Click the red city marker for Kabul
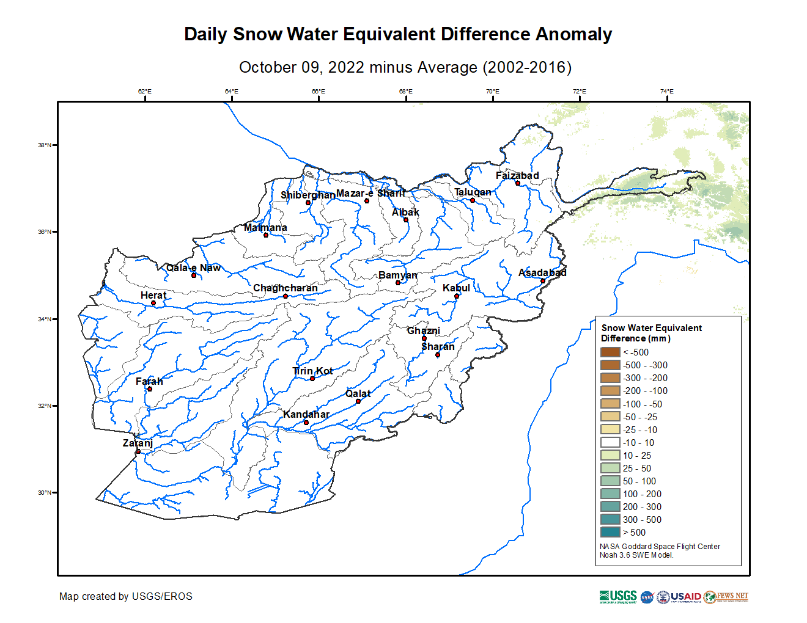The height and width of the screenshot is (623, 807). coord(457,296)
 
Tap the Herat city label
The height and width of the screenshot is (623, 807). coord(153,295)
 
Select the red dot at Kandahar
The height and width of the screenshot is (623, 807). coord(306,422)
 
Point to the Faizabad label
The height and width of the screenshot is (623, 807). coord(517,175)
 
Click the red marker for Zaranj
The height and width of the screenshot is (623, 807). coord(138,451)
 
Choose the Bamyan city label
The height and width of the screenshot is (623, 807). coord(397,275)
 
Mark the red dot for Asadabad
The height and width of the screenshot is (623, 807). coord(543,281)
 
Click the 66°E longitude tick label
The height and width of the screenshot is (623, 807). coord(319,92)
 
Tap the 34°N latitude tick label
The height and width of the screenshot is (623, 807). coord(45,319)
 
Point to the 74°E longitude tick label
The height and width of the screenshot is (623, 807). coord(666,92)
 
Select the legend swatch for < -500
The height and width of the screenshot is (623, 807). coord(610,352)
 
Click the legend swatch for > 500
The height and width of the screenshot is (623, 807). coord(610,532)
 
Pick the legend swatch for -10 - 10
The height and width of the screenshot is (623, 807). coord(610,442)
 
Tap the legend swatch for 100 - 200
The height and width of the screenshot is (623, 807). coord(610,494)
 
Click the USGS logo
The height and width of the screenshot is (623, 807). coord(618,597)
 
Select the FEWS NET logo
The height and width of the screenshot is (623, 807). coord(726,597)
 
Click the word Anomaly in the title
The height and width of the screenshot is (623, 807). coord(573,34)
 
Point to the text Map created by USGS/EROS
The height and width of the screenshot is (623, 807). coord(126,596)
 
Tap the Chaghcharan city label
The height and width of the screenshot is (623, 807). coord(285,288)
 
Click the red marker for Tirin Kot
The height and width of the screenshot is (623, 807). coord(312,379)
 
